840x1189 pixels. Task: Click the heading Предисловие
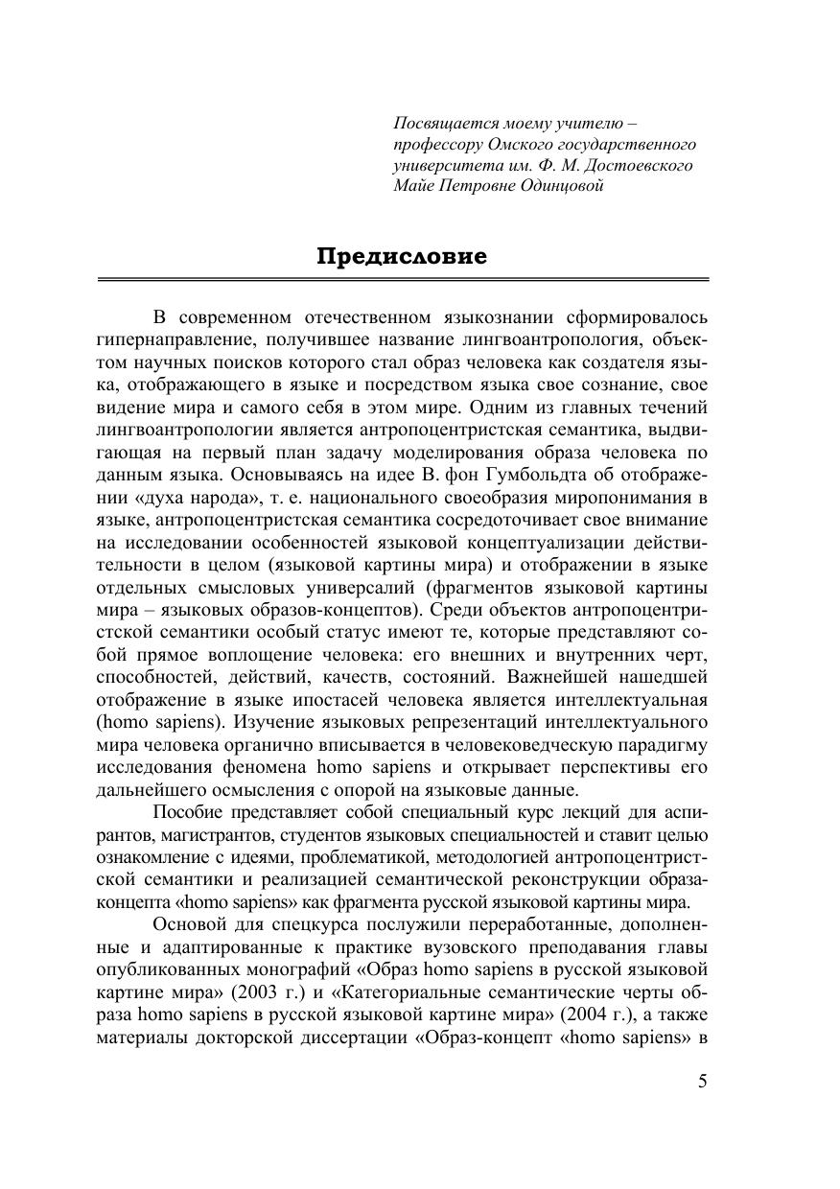(402, 257)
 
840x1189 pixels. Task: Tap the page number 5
(703, 1083)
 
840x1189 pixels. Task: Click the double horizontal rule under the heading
(402, 279)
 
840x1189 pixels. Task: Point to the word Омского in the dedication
(509, 145)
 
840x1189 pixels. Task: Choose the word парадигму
(664, 744)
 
